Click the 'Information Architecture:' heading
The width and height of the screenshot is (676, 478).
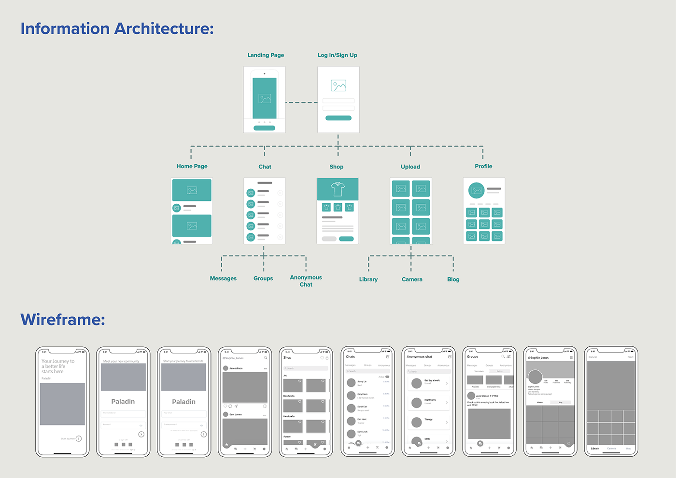pos(117,28)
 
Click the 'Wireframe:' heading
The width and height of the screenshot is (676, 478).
pos(63,320)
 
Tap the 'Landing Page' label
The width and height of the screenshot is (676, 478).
pos(266,55)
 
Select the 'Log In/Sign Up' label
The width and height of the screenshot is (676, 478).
pos(338,55)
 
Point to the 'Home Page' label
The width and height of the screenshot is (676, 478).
pos(192,166)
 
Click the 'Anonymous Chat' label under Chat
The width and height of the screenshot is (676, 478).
pos(306,281)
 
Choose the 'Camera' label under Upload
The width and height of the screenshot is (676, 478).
pos(412,279)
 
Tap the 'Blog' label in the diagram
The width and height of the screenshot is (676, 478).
pos(453,279)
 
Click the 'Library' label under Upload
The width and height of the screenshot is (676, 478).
pos(368,279)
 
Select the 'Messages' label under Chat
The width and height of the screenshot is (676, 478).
pos(223,278)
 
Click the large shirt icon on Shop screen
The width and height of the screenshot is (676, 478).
pos(338,189)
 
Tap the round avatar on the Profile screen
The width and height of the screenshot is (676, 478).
pos(477,190)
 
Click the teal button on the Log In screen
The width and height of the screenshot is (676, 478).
pos(338,118)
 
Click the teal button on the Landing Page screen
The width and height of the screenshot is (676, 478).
pos(264,128)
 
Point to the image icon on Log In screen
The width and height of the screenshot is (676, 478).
pos(338,86)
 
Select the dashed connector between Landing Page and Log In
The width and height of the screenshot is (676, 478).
pos(301,102)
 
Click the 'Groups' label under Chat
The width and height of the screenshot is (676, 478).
pos(263,278)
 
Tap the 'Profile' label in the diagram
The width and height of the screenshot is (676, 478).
pos(483,166)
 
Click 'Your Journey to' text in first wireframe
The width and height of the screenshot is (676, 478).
pos(58,361)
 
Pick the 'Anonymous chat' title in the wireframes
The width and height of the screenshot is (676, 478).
pos(419,357)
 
